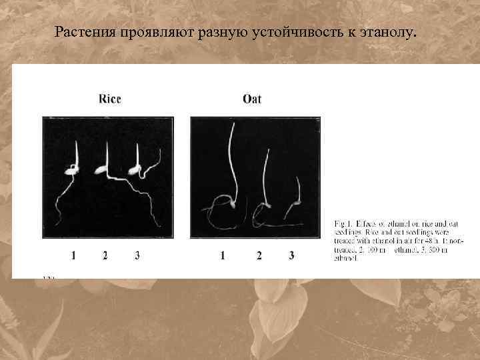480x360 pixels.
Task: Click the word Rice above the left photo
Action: click(x=110, y=99)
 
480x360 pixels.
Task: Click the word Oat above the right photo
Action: click(x=252, y=99)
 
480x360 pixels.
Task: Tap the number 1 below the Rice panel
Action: click(x=73, y=255)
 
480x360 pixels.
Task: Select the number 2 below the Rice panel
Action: click(x=105, y=255)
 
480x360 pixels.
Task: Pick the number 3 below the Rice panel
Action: click(x=137, y=255)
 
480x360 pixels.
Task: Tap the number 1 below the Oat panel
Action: click(x=222, y=255)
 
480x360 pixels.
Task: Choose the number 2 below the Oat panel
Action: click(x=259, y=255)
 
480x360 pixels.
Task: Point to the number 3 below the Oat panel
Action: click(x=291, y=255)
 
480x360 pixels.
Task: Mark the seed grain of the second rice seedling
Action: click(x=101, y=171)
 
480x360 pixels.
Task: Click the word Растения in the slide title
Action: click(x=86, y=31)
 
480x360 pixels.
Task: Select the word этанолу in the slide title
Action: click(x=387, y=31)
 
